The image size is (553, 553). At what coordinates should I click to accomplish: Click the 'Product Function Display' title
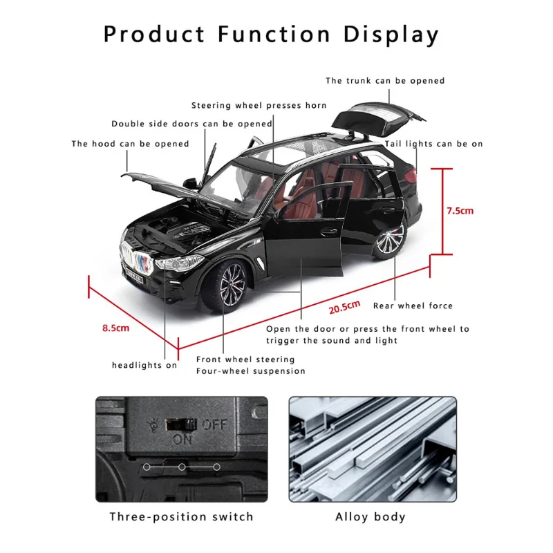pyautogui.click(x=271, y=35)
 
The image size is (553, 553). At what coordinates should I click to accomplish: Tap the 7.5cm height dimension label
pyautogui.click(x=460, y=211)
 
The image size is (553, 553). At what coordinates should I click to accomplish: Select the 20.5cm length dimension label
pyautogui.click(x=344, y=307)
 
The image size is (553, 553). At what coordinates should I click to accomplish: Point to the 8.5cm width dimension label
pyautogui.click(x=115, y=328)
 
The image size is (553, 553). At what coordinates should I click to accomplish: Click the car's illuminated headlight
pyautogui.click(x=179, y=263)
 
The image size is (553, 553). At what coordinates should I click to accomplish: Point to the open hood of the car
pyautogui.click(x=166, y=187)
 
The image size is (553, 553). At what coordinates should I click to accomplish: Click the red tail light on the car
pyautogui.click(x=411, y=176)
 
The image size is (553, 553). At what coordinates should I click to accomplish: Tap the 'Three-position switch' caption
pyautogui.click(x=181, y=516)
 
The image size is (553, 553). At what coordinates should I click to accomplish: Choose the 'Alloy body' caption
pyautogui.click(x=371, y=517)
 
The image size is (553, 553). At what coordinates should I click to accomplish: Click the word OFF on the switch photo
pyautogui.click(x=214, y=424)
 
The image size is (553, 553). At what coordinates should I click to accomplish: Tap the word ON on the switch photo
pyautogui.click(x=182, y=440)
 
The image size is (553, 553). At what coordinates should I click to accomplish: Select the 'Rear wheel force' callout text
pyautogui.click(x=413, y=306)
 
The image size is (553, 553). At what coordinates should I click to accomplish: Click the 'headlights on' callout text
pyautogui.click(x=144, y=366)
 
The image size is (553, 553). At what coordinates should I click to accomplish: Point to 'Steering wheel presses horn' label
pyautogui.click(x=259, y=106)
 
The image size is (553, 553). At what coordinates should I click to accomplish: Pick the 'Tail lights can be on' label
pyautogui.click(x=433, y=144)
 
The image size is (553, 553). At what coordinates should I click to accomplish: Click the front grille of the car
pyautogui.click(x=138, y=259)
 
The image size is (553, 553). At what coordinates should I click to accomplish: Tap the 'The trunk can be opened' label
pyautogui.click(x=385, y=81)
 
